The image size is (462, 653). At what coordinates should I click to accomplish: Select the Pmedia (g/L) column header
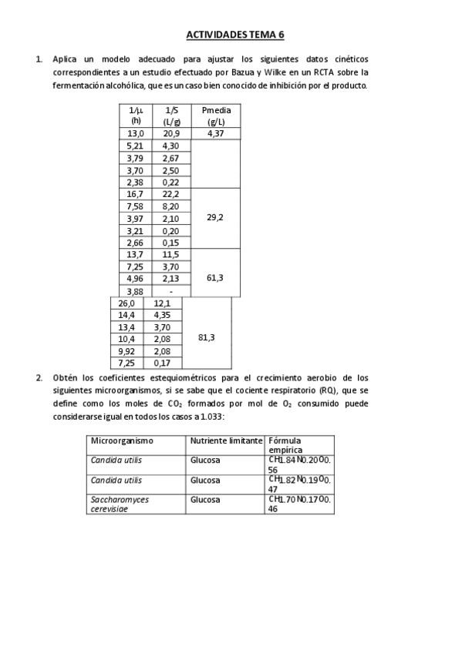point(216,116)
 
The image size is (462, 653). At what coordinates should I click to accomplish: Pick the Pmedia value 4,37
point(216,133)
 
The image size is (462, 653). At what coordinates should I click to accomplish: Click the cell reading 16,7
point(136,194)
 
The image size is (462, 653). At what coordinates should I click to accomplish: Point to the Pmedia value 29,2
point(216,218)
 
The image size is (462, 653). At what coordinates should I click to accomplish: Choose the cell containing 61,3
point(216,278)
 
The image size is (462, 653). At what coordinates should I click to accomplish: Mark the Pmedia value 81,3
point(207,338)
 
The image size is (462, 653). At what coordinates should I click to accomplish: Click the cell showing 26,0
point(126,303)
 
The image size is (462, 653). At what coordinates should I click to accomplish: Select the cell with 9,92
point(126,350)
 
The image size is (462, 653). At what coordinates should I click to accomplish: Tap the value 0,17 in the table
point(162,363)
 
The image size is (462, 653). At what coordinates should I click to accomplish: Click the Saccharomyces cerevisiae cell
point(120,504)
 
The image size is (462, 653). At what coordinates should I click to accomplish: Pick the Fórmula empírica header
point(285,445)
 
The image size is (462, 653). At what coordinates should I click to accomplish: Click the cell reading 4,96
point(136,278)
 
